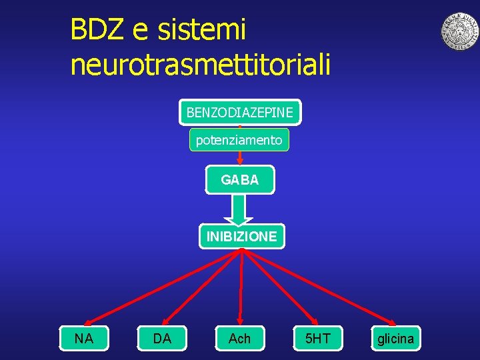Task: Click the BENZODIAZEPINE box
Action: [x=239, y=113]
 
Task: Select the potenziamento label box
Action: [x=239, y=140]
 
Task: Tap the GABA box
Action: [x=239, y=180]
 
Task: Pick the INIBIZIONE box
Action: [x=241, y=236]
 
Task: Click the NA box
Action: [x=84, y=339]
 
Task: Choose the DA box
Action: [x=162, y=339]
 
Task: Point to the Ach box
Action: [x=239, y=339]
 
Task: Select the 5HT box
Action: [x=317, y=339]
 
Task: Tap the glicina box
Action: [x=395, y=339]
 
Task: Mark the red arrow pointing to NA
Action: [x=163, y=286]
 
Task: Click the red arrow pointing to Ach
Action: [x=241, y=287]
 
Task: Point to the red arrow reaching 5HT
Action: [x=280, y=286]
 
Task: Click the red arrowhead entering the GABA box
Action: [x=240, y=161]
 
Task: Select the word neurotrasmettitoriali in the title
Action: [x=200, y=64]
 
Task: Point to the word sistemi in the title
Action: [x=203, y=29]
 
